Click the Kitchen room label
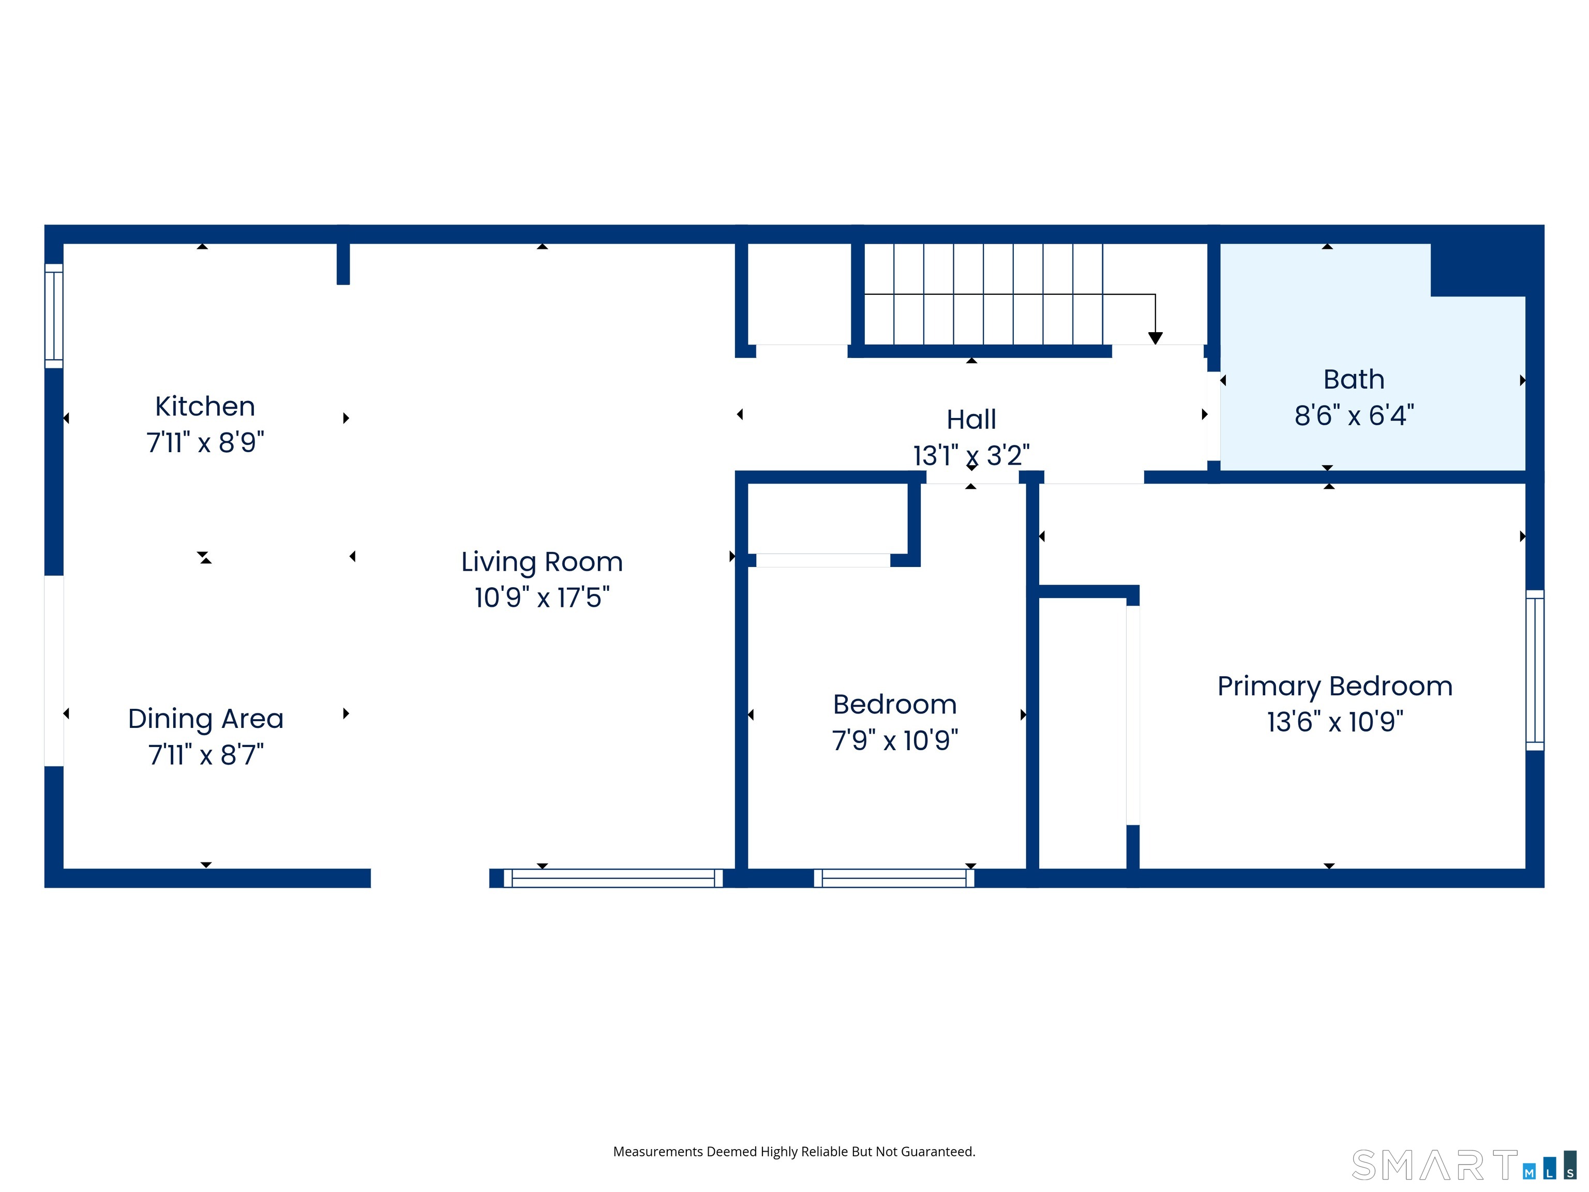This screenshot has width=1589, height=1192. point(205,407)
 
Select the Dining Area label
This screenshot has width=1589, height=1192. point(205,719)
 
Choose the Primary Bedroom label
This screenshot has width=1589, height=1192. point(1334,686)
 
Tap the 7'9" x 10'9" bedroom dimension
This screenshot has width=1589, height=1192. point(894,740)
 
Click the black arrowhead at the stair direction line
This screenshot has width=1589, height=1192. point(1155,338)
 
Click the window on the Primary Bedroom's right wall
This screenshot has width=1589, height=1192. point(1534,669)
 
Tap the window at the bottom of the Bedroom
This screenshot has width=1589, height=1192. point(894,878)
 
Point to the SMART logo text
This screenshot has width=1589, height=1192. point(1434,1166)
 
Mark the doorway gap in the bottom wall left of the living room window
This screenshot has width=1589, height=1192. point(429,878)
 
